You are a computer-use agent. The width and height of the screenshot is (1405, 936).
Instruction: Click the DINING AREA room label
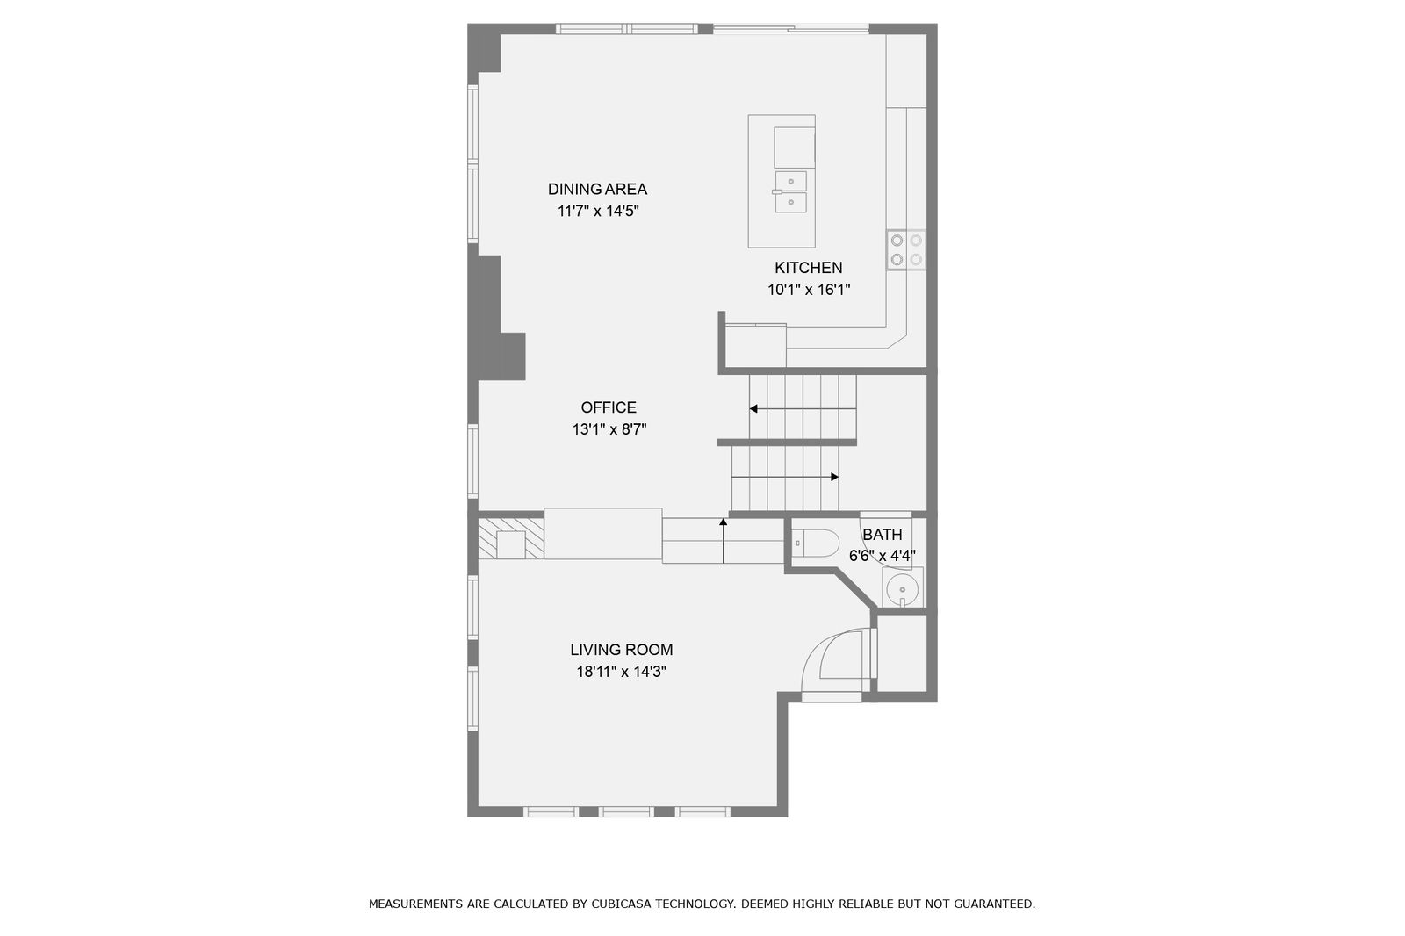coord(597,189)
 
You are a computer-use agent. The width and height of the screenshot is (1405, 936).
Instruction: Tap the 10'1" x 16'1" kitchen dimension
coord(809,290)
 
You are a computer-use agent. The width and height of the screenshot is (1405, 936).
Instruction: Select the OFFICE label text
coord(609,407)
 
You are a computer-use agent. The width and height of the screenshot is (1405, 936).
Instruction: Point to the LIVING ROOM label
coord(621,650)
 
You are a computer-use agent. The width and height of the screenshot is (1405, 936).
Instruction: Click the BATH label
coord(882,535)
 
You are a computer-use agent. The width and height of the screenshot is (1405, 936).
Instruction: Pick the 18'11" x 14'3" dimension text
coord(621,672)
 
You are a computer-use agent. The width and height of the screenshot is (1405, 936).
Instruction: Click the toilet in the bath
coord(815,544)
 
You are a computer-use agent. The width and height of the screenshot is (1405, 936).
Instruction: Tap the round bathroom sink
coord(902,589)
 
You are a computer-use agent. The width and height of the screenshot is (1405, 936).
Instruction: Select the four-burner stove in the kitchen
coord(906,249)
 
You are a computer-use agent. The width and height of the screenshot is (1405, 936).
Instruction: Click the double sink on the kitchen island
coord(791,191)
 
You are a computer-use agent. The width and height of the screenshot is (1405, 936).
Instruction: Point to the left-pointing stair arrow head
coord(753,409)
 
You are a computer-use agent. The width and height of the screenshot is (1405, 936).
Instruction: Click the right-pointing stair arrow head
coord(835,477)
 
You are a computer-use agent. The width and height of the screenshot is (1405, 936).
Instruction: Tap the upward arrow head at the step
coord(724,522)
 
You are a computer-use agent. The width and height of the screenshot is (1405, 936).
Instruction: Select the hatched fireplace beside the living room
coord(510,538)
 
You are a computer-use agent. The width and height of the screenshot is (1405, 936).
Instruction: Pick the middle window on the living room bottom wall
coord(626,812)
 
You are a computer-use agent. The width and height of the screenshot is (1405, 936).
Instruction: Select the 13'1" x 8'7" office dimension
coord(609,429)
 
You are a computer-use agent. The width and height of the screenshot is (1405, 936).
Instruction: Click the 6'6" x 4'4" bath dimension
coord(882,556)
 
